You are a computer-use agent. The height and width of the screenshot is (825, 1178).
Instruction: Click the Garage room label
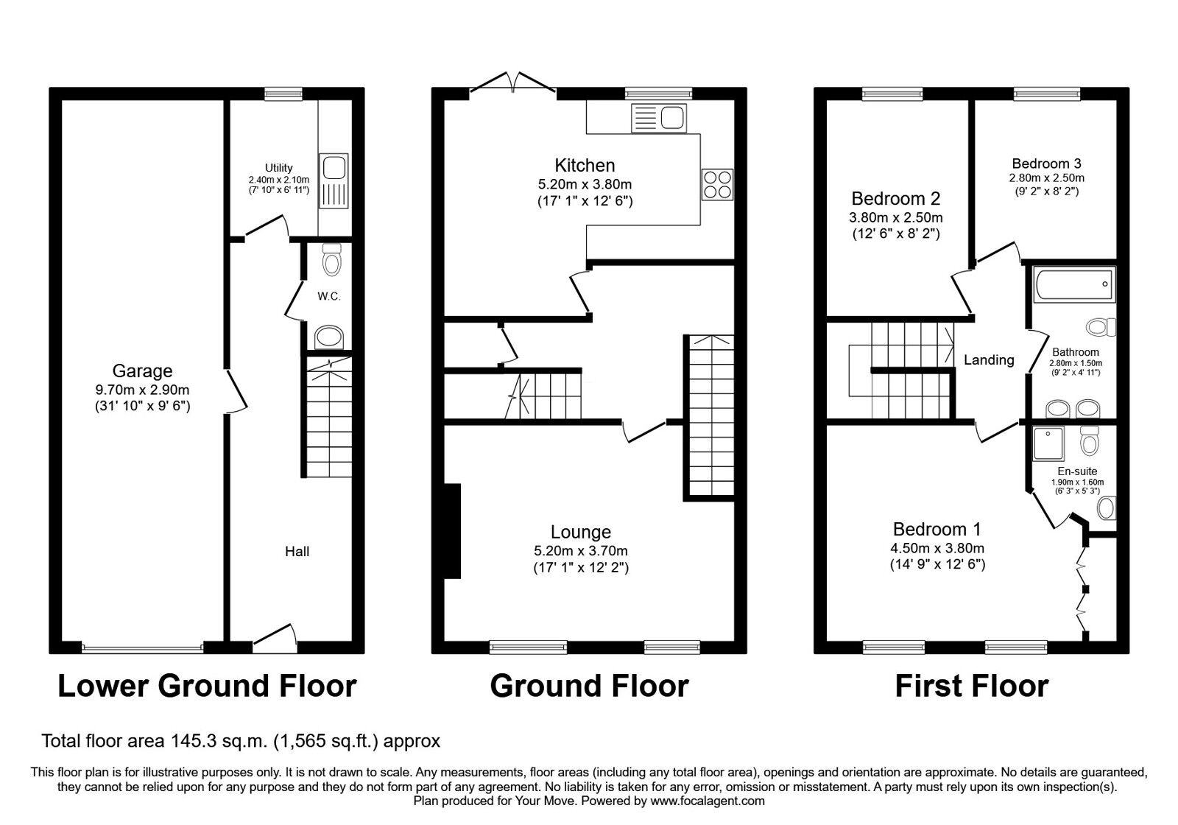click(143, 371)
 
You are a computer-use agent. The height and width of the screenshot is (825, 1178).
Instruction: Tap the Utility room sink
click(334, 181)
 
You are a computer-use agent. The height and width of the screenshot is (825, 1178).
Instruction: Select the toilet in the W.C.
click(331, 259)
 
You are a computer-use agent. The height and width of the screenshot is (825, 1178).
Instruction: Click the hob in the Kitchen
click(717, 184)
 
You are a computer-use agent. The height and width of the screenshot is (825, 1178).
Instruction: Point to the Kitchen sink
click(659, 118)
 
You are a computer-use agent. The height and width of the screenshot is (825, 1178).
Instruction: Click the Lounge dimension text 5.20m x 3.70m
click(581, 551)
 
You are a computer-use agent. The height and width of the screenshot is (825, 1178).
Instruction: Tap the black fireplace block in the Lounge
click(452, 531)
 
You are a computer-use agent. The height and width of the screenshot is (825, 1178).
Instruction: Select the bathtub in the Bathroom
click(1074, 284)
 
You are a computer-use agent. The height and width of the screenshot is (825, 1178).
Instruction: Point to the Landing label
click(989, 360)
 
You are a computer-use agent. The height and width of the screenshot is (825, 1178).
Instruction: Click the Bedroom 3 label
click(1046, 164)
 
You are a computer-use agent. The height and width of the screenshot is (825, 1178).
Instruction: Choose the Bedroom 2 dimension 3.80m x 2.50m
click(895, 217)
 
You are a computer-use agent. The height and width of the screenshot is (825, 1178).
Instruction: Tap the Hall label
click(297, 552)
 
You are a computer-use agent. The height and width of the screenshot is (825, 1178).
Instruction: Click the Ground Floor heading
click(590, 686)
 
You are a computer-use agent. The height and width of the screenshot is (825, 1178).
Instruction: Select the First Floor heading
click(972, 686)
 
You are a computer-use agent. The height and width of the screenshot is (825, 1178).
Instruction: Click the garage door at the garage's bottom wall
click(143, 647)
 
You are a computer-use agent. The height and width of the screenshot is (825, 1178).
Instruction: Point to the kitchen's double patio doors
click(512, 84)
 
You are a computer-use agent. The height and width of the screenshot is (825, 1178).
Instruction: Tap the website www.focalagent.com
click(708, 801)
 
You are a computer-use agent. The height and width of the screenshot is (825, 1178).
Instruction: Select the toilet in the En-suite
click(1090, 440)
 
